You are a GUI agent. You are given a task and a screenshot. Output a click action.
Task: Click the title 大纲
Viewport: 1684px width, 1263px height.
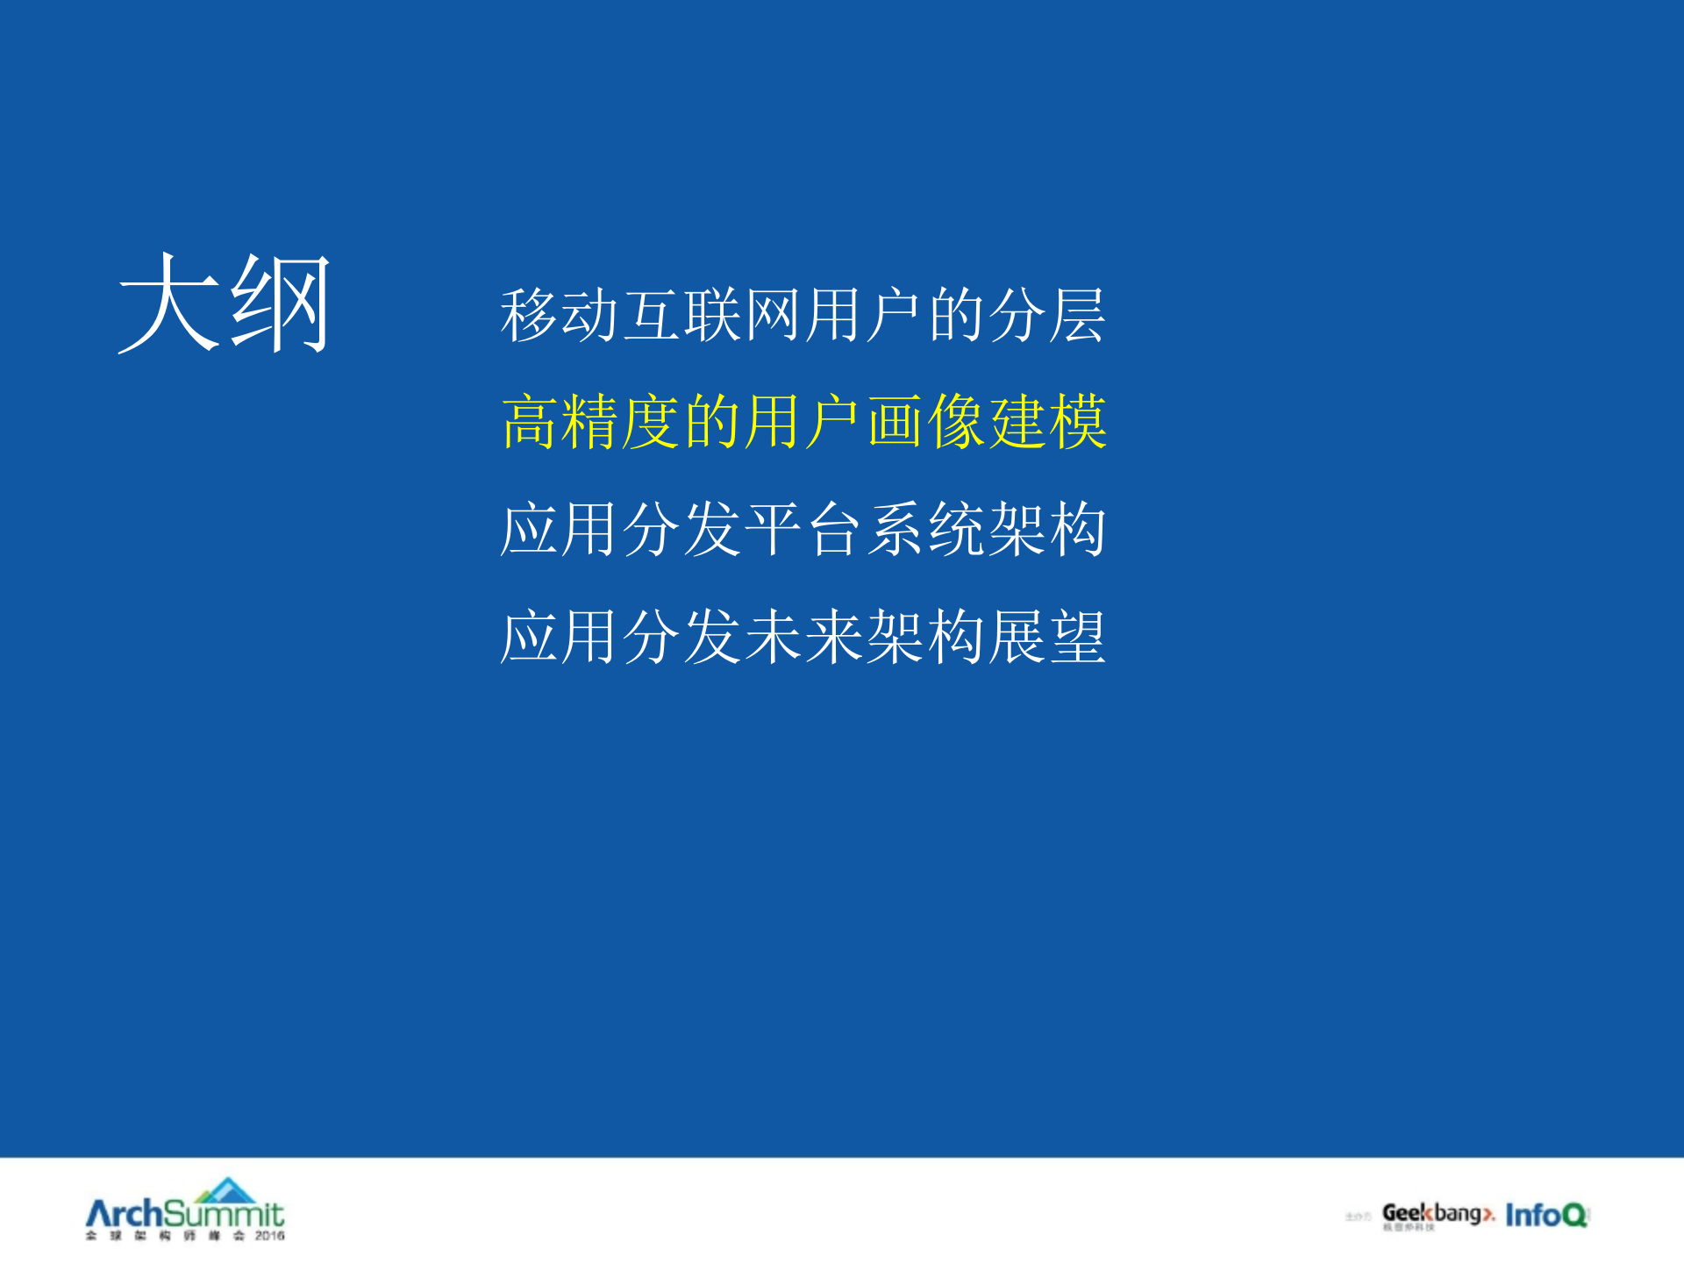point(225,303)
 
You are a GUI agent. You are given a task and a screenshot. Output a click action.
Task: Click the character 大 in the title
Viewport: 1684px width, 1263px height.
point(169,303)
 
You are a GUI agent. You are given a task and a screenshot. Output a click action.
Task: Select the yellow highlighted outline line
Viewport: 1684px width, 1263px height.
point(803,422)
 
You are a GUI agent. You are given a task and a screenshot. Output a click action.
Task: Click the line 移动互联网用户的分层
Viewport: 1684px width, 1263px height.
point(803,315)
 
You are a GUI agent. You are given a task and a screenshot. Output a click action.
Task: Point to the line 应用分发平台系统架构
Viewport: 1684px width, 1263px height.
point(803,529)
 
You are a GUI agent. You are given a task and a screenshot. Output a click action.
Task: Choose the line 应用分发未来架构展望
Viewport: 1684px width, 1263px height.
point(803,636)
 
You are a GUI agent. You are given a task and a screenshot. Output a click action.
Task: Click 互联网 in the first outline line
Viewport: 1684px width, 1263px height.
point(712,315)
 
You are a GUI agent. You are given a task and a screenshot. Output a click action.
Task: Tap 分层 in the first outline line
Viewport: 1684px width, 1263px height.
point(1047,315)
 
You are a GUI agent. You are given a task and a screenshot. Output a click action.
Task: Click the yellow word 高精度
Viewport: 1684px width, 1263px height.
point(590,422)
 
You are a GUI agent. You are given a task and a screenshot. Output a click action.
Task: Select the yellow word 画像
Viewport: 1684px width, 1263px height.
point(926,422)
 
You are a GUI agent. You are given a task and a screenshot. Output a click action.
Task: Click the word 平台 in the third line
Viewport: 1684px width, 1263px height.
point(803,529)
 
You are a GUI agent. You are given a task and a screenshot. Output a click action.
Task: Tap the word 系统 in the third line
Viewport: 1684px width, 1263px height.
point(926,529)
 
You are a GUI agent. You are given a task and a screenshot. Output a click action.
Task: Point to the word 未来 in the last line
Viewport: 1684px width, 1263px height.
point(803,636)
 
